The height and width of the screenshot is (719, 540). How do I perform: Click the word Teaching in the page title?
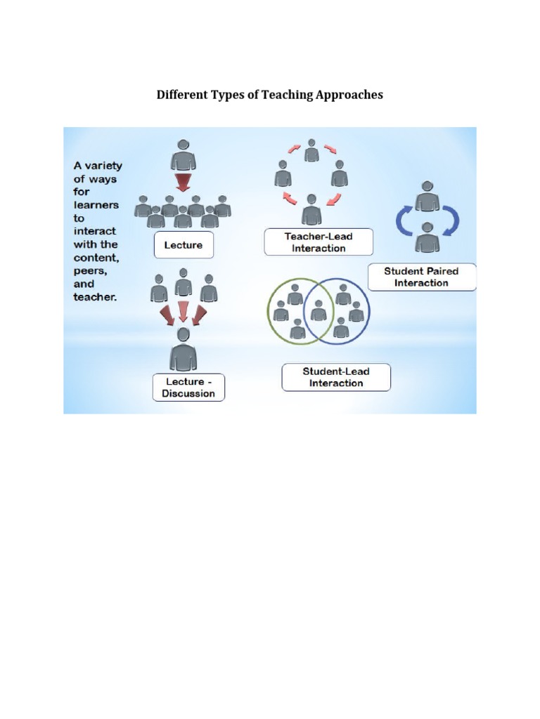[289, 95]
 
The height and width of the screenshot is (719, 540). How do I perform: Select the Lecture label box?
[183, 245]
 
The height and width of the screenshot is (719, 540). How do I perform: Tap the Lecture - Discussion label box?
[188, 388]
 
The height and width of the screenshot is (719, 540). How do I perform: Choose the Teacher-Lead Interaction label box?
[319, 242]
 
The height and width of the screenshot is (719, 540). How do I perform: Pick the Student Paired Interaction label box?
[421, 277]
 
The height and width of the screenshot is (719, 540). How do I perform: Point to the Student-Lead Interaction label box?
[336, 377]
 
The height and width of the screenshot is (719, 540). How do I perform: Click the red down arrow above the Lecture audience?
[183, 183]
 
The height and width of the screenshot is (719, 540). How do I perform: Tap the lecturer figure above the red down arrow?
[183, 154]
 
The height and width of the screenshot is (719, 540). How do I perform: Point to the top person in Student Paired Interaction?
[427, 197]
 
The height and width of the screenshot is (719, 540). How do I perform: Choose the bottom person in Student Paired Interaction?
[427, 237]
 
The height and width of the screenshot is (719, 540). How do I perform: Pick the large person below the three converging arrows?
[183, 349]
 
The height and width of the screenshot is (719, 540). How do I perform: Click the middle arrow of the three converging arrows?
[184, 309]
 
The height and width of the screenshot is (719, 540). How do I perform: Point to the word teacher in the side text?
[95, 297]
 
